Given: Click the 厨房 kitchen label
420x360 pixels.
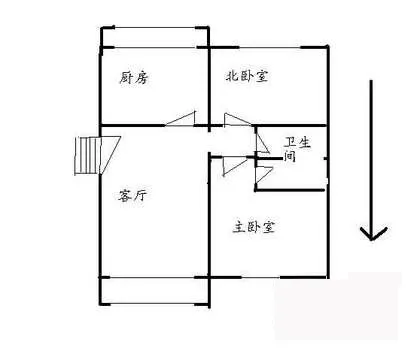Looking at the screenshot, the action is tap(133, 78).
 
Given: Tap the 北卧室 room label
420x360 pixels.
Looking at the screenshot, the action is tap(247, 76).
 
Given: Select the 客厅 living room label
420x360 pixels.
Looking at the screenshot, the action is tap(132, 195).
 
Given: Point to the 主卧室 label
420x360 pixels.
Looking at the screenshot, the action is tap(254, 227).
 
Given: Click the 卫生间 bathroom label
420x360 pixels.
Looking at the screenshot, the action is tap(297, 149).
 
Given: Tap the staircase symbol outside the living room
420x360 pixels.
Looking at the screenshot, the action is tap(87, 155).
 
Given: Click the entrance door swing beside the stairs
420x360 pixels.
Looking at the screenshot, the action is tap(110, 155).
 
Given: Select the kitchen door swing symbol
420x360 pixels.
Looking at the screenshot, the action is tap(181, 119).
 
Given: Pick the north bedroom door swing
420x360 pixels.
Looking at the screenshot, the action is tap(237, 120).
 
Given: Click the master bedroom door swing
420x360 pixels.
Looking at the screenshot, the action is tap(235, 166).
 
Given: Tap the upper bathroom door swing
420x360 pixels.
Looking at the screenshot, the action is tap(262, 141).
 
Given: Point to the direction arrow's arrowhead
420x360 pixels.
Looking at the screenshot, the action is tap(373, 233).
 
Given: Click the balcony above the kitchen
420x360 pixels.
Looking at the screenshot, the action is tap(155, 37).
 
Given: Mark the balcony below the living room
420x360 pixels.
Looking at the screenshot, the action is tap(155, 291).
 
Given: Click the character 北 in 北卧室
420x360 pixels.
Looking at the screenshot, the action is tap(233, 76).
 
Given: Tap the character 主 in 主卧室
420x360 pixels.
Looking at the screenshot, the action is tap(239, 227).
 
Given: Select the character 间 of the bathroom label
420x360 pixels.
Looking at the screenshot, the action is tap(289, 156).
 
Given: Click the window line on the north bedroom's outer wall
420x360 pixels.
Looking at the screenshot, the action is tap(270, 47).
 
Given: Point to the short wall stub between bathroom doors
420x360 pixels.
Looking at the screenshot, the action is tap(269, 159).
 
